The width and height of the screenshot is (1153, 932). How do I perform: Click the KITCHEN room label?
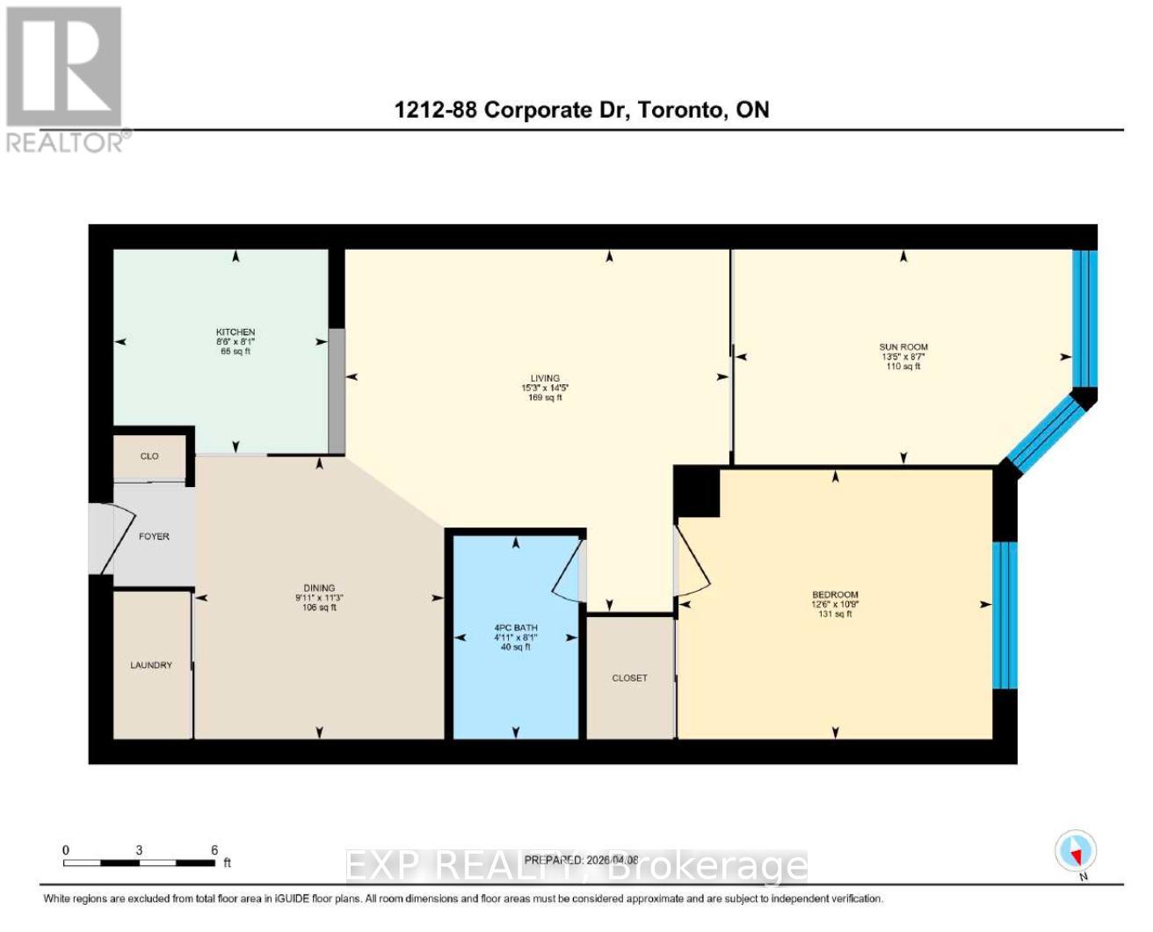236,332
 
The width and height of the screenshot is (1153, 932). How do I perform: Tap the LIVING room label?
545,378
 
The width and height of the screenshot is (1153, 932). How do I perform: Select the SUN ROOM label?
903,346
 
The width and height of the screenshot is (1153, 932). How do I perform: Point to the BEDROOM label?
835,595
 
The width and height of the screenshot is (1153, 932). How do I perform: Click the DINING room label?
319,588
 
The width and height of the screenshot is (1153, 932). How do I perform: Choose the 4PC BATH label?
516,628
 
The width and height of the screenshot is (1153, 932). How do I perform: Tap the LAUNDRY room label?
151,666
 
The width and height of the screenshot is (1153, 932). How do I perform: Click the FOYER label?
154,536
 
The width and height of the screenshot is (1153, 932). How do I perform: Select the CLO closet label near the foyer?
149,456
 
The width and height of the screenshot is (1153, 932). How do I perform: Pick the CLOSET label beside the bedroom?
629,678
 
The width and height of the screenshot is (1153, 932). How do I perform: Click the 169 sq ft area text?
545,398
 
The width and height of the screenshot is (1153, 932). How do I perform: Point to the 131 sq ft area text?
835,615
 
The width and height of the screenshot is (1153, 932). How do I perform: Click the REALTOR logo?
66,79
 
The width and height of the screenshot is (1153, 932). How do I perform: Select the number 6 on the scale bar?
214,850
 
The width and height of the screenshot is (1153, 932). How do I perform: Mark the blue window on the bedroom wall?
1004,615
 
